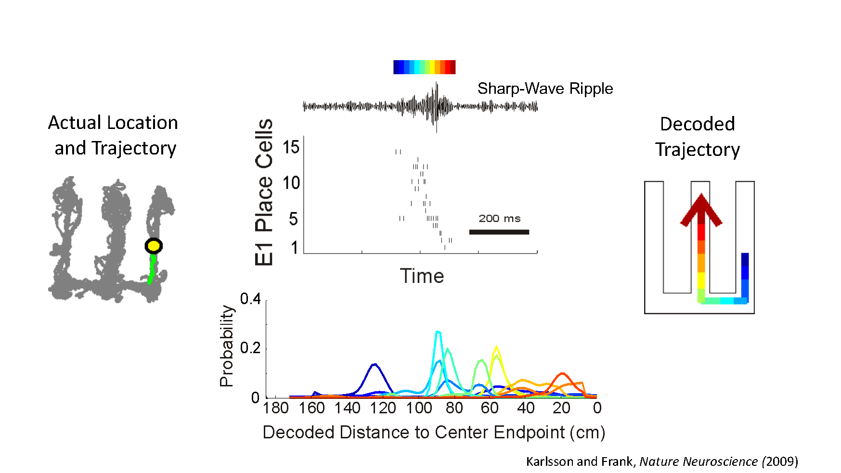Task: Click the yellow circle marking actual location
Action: click(154, 246)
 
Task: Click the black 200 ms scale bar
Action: click(499, 232)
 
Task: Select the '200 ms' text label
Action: click(499, 218)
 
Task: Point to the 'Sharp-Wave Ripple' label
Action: click(545, 89)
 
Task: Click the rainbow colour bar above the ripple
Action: click(424, 67)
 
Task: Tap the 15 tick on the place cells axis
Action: click(291, 147)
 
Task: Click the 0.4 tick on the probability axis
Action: click(250, 299)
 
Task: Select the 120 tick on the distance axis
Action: click(383, 408)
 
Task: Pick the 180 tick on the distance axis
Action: click(276, 408)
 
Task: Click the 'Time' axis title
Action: click(422, 276)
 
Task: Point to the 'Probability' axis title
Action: click(226, 346)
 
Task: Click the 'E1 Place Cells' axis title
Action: click(264, 192)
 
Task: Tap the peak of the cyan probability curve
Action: click(438, 332)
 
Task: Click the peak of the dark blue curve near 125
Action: click(375, 364)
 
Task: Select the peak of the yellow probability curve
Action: click(496, 346)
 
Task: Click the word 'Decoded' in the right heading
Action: click(697, 124)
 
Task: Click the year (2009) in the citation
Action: click(780, 461)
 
